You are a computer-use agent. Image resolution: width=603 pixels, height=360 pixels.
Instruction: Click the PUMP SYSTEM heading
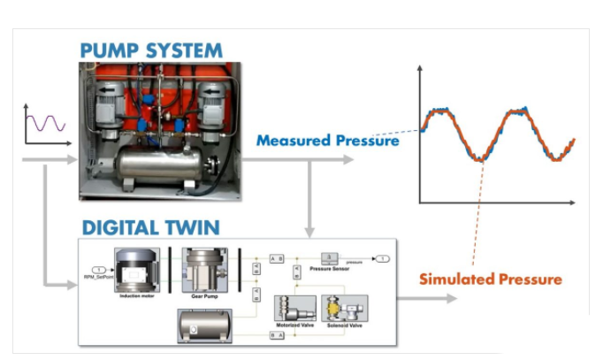point(150,50)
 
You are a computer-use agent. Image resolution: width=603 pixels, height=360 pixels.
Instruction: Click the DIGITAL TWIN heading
point(150,227)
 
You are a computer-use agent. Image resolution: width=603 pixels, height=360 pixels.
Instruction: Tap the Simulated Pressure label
point(491,280)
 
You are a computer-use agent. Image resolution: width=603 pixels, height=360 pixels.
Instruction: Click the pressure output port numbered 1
point(380,258)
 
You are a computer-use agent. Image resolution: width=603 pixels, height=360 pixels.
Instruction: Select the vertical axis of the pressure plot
point(419,133)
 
